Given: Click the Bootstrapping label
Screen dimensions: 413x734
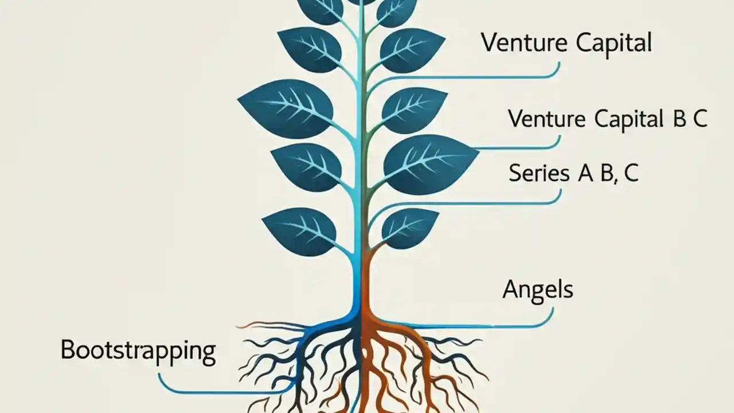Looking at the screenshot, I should point(138,350).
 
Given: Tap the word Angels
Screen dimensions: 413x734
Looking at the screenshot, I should point(537,289).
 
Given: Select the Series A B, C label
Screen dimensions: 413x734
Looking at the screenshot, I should point(573,173).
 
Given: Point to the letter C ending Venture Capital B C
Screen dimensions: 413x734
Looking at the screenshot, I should point(699,119).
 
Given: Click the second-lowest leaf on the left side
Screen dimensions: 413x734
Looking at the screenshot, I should point(307,166).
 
